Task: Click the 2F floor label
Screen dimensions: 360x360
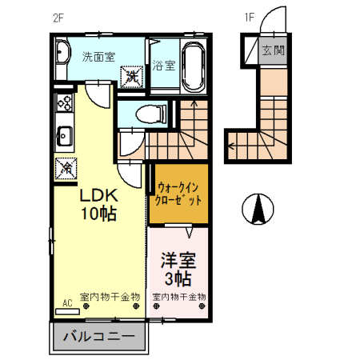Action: click(x=58, y=17)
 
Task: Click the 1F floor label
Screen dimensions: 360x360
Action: click(x=249, y=17)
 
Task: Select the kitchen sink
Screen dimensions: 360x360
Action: click(x=63, y=134)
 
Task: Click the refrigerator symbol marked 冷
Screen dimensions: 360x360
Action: click(x=64, y=167)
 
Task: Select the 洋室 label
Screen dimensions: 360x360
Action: click(x=178, y=260)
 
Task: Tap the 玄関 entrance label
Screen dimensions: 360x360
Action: click(x=272, y=50)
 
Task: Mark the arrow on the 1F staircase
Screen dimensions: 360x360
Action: click(x=232, y=146)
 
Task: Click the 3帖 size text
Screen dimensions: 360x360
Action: click(x=178, y=278)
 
